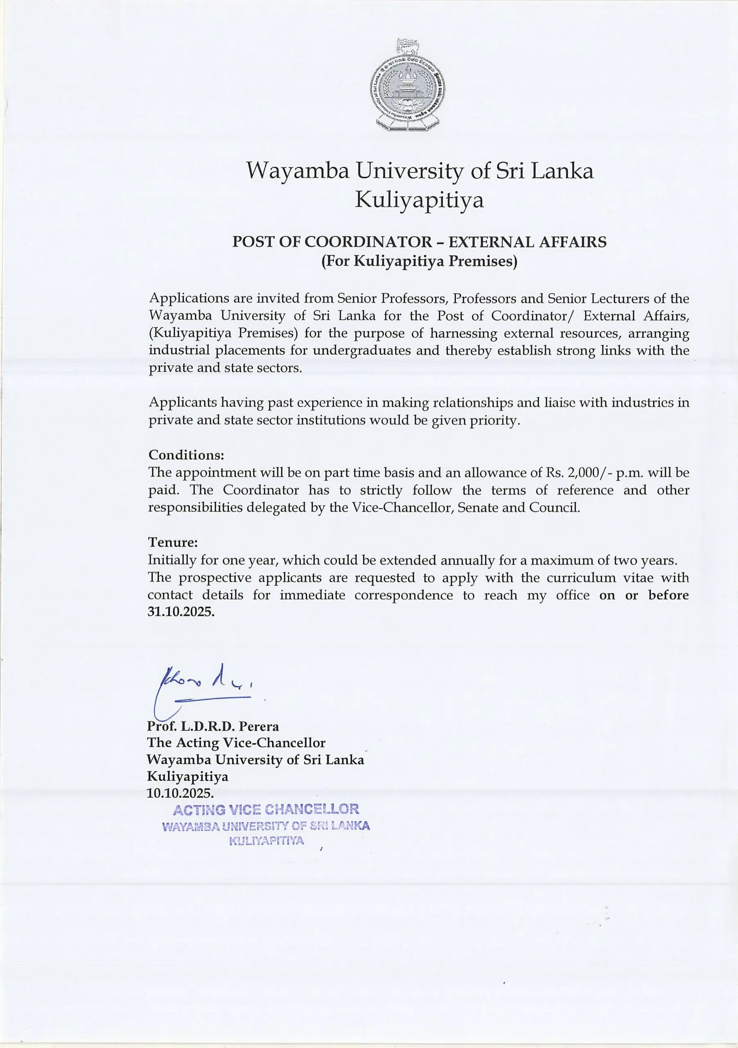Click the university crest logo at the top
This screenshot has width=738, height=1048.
407,86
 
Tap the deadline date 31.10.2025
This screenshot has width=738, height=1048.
181,612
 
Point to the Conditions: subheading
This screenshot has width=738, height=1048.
187,455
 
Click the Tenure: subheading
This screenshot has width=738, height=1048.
172,542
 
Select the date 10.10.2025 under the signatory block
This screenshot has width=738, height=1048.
180,793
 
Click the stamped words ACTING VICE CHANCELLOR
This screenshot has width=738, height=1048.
266,810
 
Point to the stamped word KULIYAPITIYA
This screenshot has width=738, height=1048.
266,841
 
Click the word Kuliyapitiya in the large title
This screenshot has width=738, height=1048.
419,200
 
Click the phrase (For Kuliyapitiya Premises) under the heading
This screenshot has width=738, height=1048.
419,262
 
